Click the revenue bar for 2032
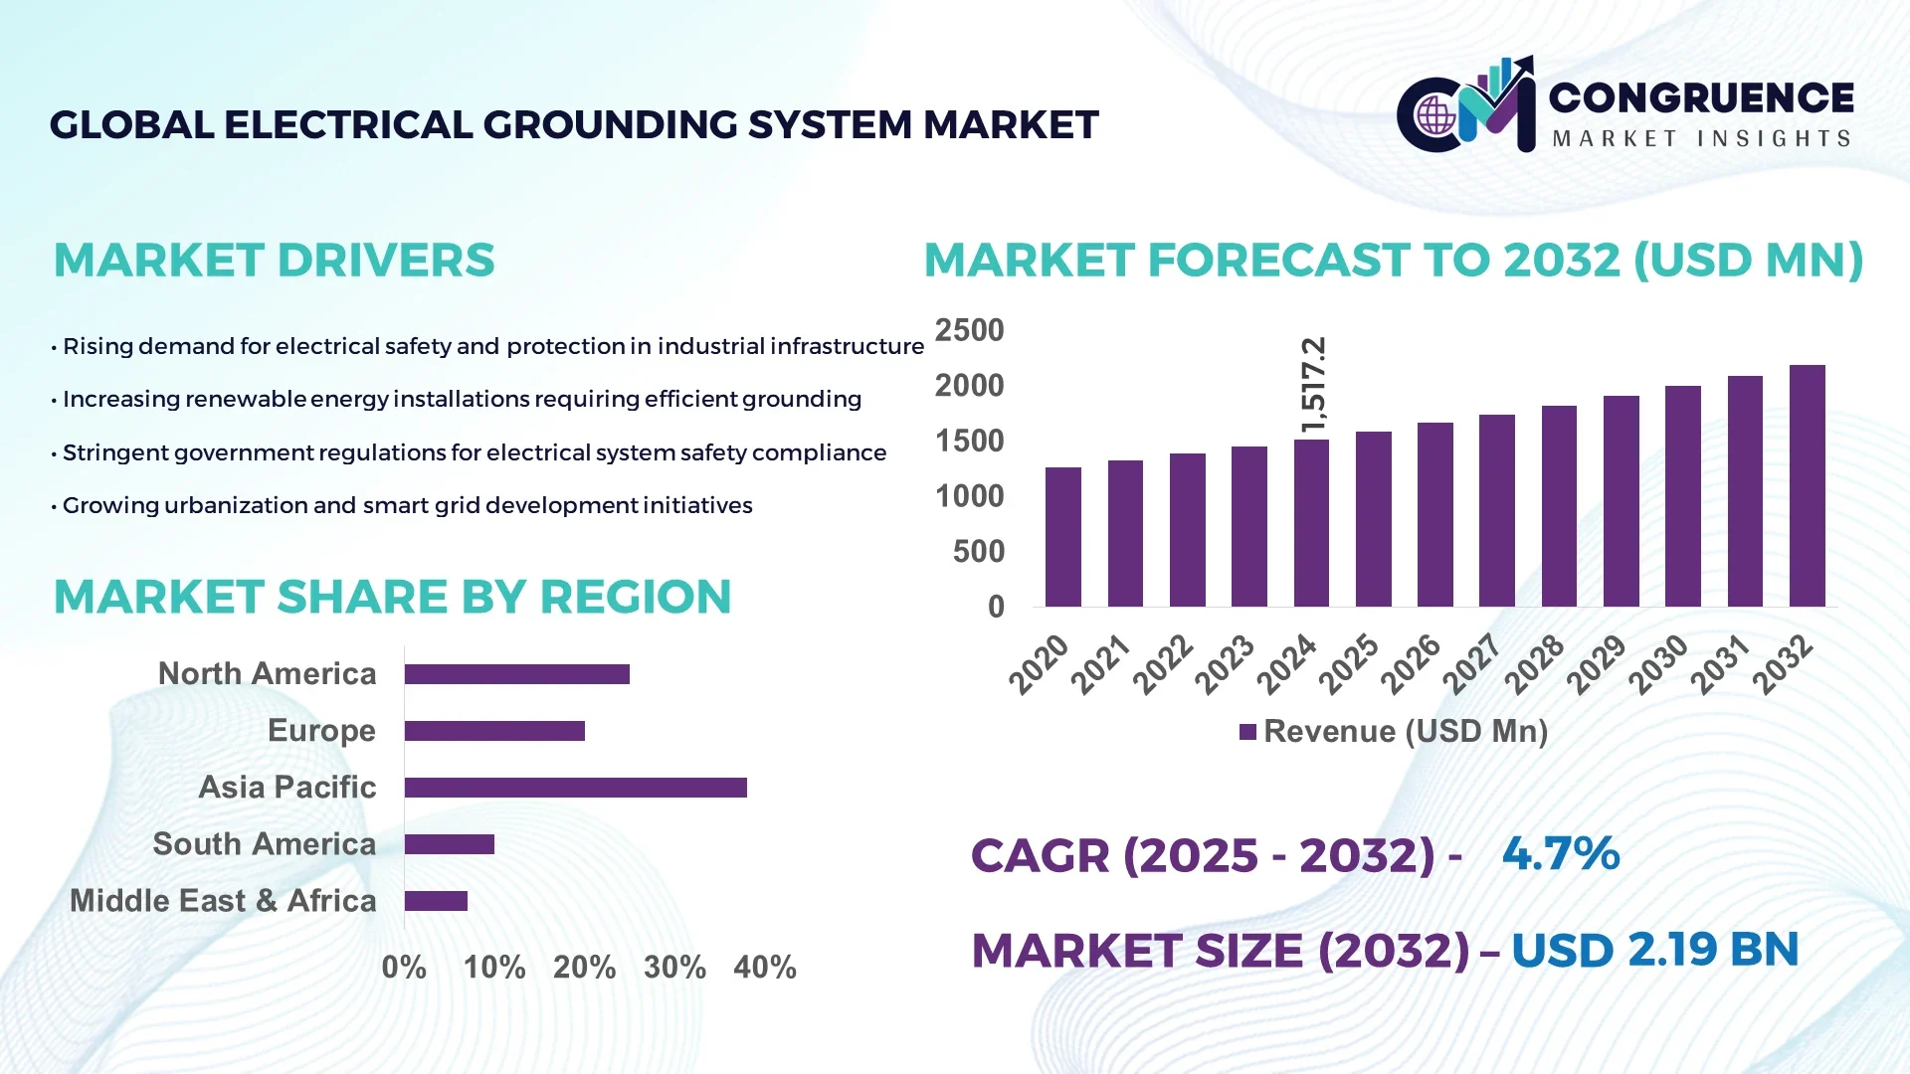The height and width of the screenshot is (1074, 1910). click(1807, 486)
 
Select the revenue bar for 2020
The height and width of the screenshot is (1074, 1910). click(1062, 537)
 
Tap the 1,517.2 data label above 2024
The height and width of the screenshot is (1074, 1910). click(1313, 385)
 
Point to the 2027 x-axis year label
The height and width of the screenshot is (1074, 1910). click(1471, 663)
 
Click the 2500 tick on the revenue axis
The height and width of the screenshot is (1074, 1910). click(969, 330)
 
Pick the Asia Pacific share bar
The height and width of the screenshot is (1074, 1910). click(575, 788)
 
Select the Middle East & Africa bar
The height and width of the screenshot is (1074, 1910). click(436, 901)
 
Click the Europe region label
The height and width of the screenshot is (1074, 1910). click(321, 731)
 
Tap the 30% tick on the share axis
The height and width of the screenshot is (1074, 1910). click(674, 967)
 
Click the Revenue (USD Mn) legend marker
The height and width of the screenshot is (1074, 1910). click(1247, 732)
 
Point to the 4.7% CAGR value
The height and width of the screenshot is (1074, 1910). click(1560, 853)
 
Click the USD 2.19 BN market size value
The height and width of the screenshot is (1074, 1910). click(1654, 950)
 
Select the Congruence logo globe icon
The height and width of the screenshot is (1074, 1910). click(1435, 115)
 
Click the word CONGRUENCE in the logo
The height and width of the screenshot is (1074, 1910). click(1701, 97)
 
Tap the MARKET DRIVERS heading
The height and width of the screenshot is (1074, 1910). click(274, 261)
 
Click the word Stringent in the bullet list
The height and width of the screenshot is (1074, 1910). click(105, 452)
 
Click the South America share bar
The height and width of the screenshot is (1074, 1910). click(449, 844)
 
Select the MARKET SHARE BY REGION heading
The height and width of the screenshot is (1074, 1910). click(392, 597)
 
